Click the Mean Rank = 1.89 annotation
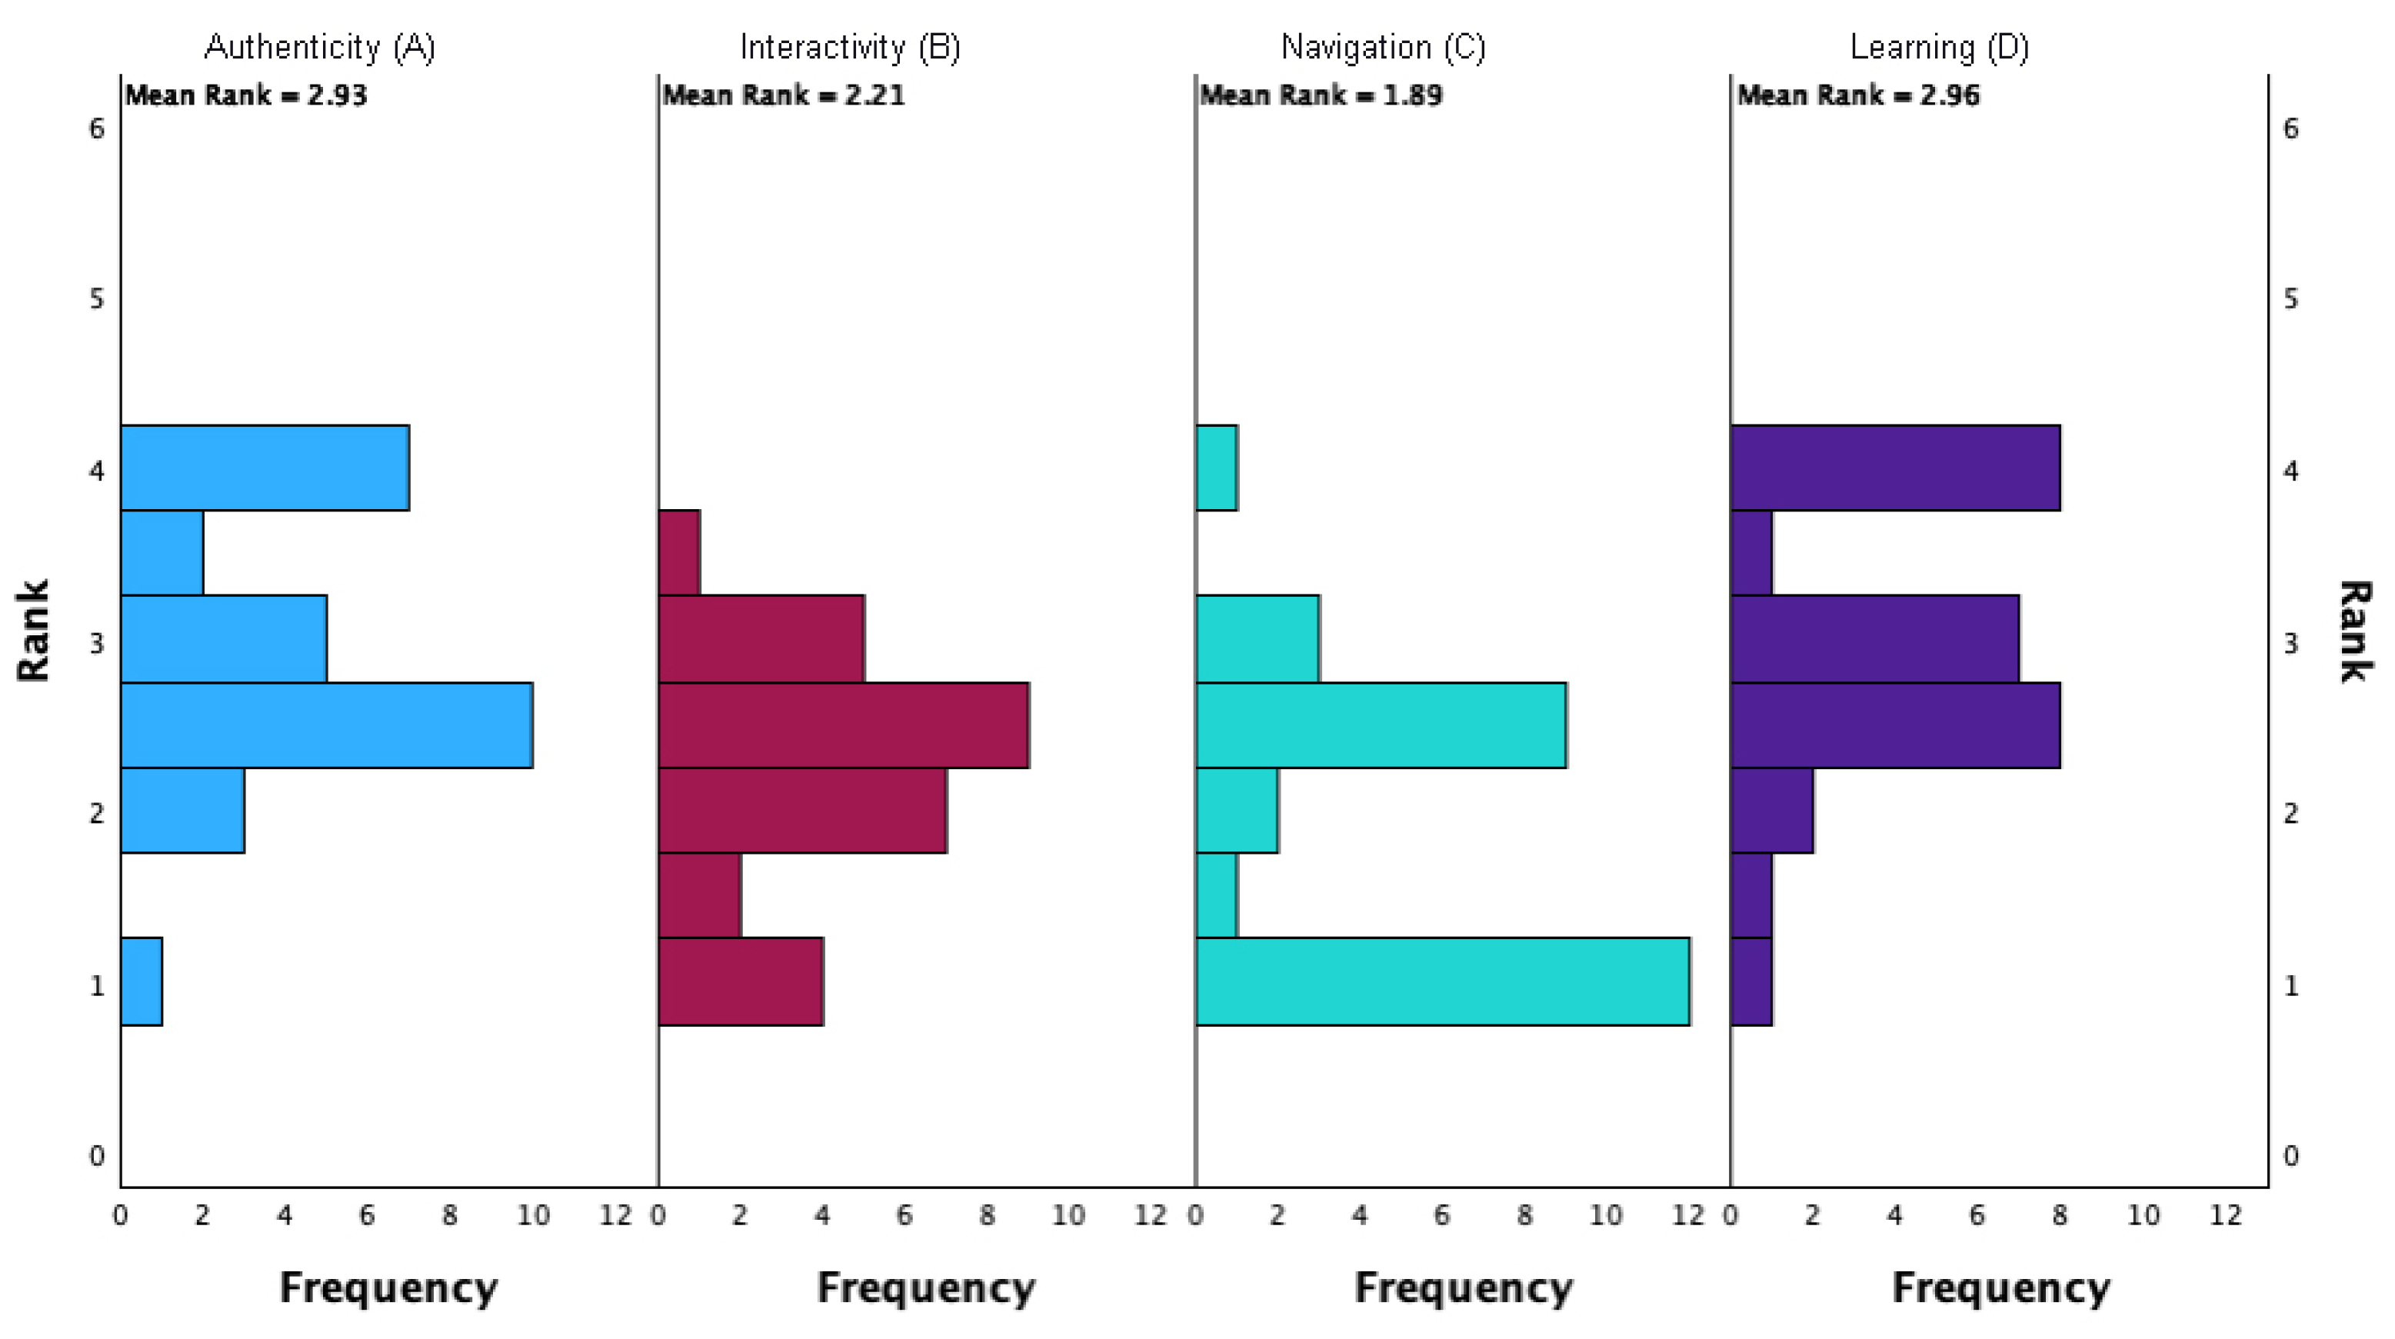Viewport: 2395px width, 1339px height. coord(1321,95)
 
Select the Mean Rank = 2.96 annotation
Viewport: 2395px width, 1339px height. coord(1858,95)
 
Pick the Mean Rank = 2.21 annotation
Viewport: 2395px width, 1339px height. coord(784,95)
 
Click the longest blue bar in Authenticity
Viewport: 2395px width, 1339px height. coord(326,725)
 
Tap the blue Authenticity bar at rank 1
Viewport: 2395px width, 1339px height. coord(142,981)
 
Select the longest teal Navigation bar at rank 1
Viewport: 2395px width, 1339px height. coord(1442,981)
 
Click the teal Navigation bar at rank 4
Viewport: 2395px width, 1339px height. coord(1216,468)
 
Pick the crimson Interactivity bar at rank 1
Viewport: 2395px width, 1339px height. coord(740,981)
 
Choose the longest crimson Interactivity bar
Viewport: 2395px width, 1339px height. coord(843,725)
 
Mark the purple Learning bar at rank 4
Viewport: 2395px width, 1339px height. coord(1896,468)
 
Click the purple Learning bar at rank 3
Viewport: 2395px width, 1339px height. coord(1875,639)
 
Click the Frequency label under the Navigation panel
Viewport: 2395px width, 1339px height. coord(1464,1288)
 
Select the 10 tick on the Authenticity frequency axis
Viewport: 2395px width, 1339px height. coord(533,1214)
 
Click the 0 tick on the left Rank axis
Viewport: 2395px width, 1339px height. coord(97,1156)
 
